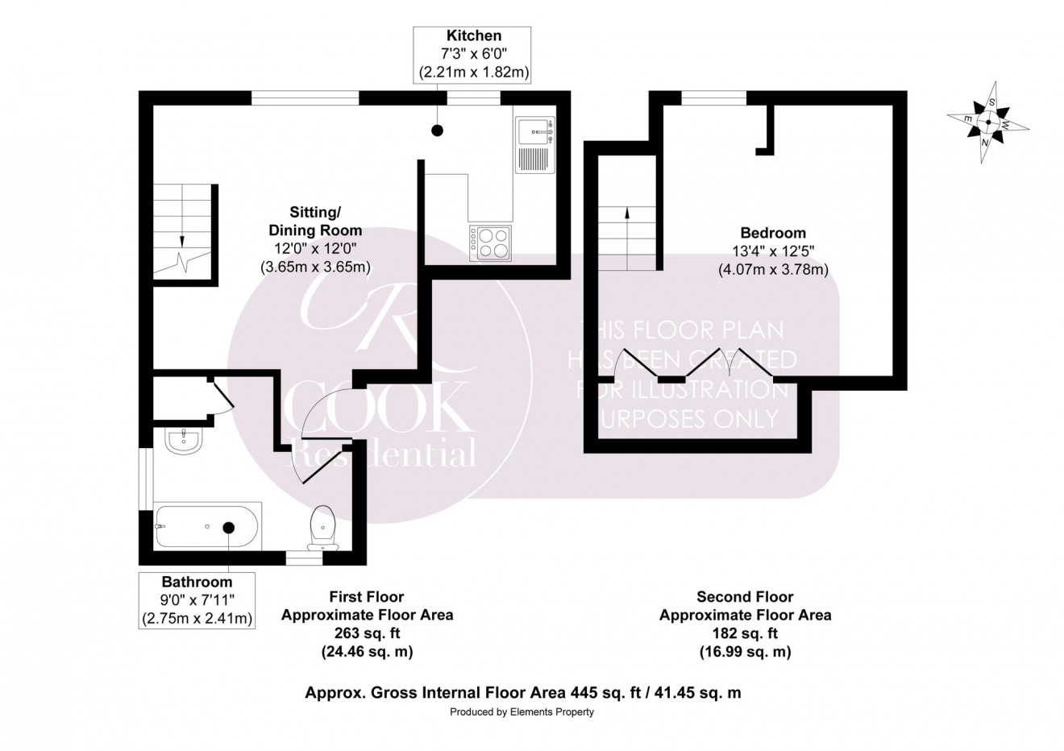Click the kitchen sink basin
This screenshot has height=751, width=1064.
(534, 131)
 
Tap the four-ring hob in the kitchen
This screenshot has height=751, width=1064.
(491, 243)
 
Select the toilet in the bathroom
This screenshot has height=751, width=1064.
(323, 528)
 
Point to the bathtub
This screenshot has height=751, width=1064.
(207, 526)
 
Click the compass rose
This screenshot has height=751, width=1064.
(988, 122)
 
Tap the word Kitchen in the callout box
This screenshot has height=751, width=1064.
(474, 35)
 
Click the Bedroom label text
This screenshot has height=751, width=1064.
(773, 233)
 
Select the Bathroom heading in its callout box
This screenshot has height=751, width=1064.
(197, 582)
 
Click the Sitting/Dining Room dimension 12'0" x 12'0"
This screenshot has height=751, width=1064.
(315, 248)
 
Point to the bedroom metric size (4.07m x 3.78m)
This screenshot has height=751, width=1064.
(773, 270)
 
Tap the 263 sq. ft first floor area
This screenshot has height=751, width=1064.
(368, 633)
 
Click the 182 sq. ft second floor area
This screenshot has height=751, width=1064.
(746, 633)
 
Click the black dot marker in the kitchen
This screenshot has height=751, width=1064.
(437, 130)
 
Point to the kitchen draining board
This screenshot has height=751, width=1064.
(534, 160)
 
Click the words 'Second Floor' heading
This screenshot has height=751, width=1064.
(746, 597)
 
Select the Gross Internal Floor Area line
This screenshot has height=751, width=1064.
(522, 693)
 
